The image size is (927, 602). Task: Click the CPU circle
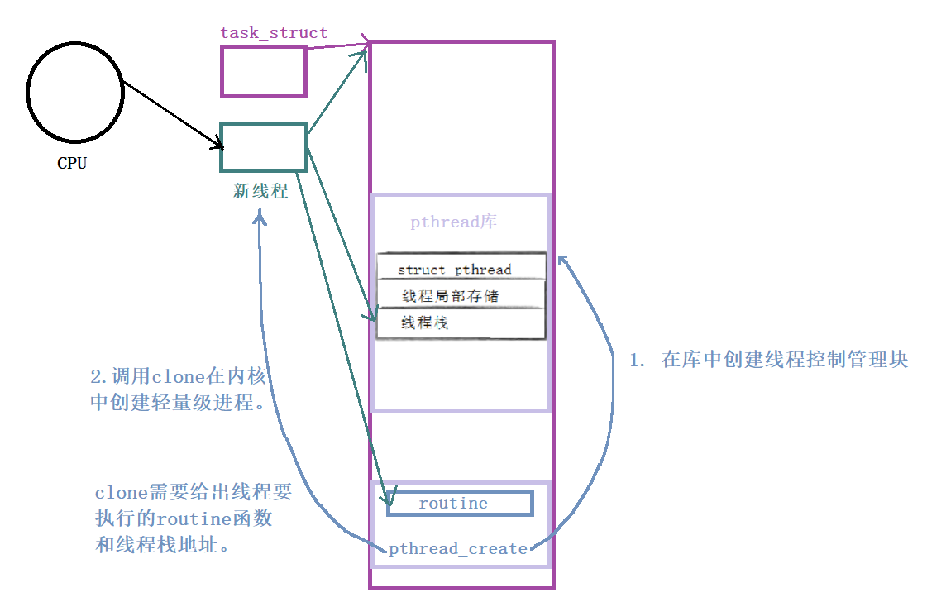coord(75,92)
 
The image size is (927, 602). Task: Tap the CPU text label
coord(72,163)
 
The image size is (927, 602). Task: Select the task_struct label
coord(274,33)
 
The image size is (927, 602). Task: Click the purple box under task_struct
coord(263,71)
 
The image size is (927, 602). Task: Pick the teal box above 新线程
coord(264,147)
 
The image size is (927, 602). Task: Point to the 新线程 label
coord(260,191)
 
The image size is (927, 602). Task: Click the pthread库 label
coord(454,222)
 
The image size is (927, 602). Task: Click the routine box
coord(459,503)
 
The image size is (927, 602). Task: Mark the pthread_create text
coord(457,548)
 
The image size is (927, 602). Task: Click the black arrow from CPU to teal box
coord(174,115)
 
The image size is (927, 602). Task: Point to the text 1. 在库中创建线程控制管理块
coord(768,360)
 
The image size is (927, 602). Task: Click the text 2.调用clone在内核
coord(179,376)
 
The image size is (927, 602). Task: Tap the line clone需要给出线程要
coord(194,493)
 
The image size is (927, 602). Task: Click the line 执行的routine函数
coord(184,519)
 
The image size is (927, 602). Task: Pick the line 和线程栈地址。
coord(161,546)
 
